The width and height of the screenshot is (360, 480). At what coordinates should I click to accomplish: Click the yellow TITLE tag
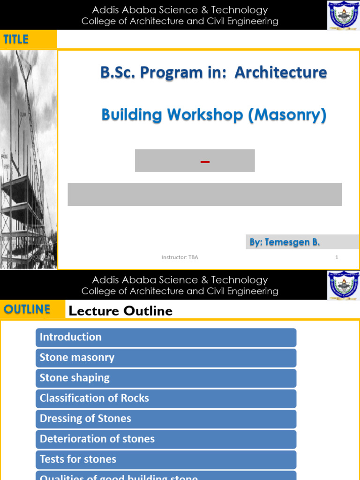(16, 39)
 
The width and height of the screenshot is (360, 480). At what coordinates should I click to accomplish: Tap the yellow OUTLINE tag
(27, 309)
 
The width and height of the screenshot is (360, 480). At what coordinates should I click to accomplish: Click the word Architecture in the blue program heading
(280, 72)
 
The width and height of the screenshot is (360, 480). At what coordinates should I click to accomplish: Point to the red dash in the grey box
(205, 162)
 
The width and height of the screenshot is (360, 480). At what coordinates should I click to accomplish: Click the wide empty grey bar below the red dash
(204, 195)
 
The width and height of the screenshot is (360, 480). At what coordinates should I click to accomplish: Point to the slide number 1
(337, 257)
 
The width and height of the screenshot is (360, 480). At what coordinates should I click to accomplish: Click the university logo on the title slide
(343, 15)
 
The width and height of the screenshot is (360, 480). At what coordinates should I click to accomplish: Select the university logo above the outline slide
(343, 285)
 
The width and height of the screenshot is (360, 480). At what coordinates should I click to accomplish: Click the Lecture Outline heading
(120, 311)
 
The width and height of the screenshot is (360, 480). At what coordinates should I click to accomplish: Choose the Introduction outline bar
(166, 337)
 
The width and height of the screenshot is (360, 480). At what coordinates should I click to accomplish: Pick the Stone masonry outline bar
(166, 358)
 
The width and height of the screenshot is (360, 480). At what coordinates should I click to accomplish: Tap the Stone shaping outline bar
(166, 378)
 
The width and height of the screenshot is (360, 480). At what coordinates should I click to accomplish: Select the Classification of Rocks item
(166, 398)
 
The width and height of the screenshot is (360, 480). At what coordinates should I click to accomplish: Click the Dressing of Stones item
(166, 419)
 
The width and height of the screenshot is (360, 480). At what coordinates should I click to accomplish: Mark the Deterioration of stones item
(166, 439)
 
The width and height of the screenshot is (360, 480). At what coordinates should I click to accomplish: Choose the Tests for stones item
(166, 459)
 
